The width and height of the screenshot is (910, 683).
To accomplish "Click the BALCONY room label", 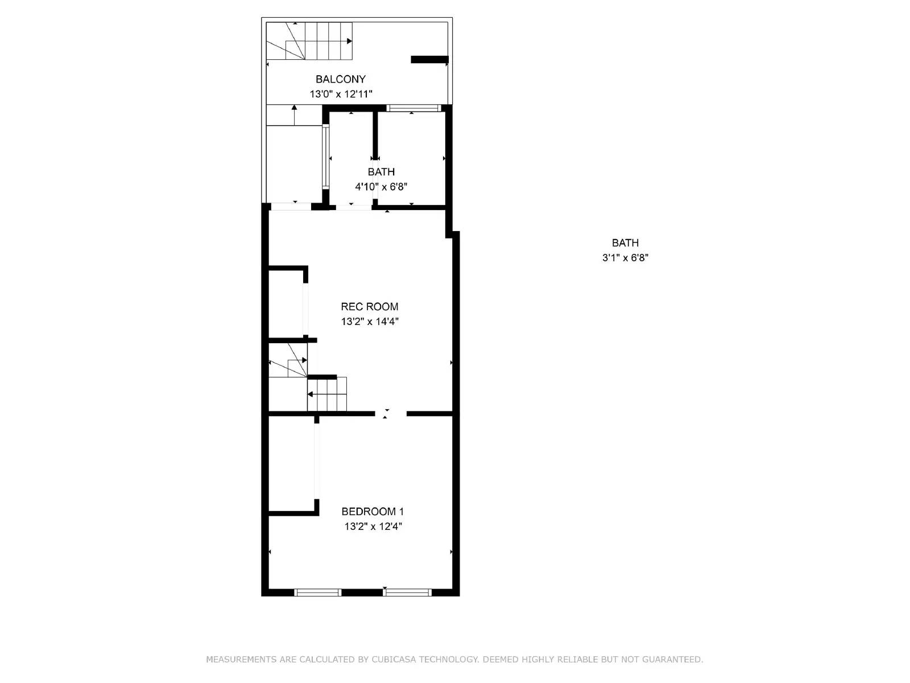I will point(340,79).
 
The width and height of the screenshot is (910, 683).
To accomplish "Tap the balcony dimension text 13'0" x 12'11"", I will point(340,94).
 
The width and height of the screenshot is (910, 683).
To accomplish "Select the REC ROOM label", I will point(369,306).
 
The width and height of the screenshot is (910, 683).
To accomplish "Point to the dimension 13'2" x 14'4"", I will point(369,322).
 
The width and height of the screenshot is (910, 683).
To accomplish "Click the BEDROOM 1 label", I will point(372,511).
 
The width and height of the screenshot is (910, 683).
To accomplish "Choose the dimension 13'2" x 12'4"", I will point(373,526).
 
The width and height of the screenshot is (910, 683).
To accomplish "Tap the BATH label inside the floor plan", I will point(380,171).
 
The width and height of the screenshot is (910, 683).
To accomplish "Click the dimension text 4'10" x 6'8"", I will point(380,187).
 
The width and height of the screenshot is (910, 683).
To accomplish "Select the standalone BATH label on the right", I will point(625,242).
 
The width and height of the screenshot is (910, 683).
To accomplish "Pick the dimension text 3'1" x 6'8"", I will point(625,258).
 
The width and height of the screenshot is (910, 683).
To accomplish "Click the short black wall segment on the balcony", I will point(429,59).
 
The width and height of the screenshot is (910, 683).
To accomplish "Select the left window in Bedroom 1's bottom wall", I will point(318,593).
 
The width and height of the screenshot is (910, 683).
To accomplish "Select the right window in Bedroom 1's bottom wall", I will point(407,593).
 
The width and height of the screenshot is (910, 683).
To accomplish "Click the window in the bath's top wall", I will point(413,108).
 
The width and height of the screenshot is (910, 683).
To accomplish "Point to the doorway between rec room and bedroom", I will point(391,414).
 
